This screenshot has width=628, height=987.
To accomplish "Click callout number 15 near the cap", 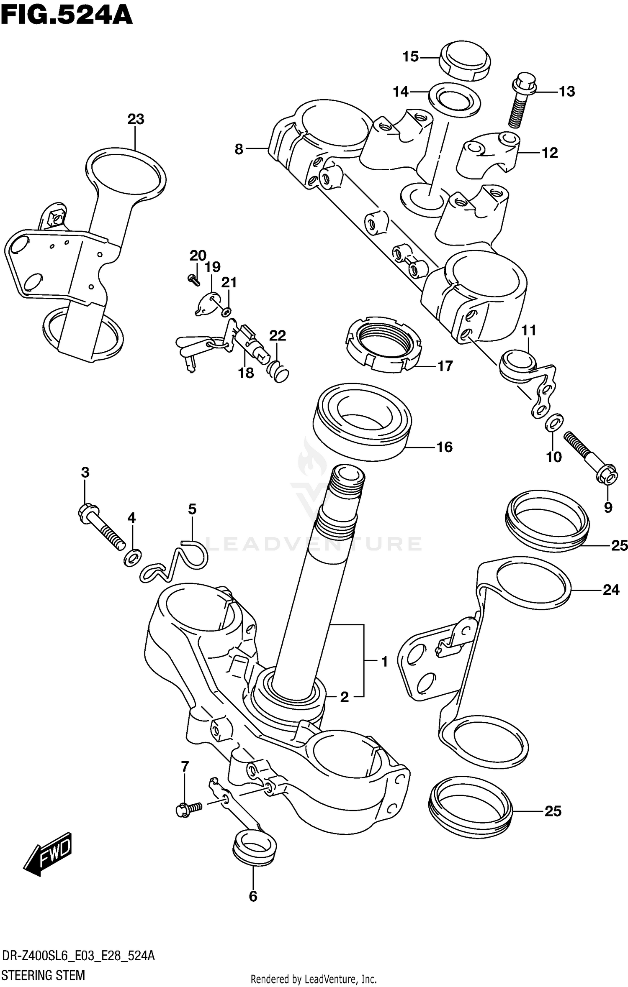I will (x=410, y=57).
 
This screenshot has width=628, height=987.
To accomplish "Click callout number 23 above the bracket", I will (x=136, y=120).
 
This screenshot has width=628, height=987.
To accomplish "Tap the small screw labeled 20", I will (x=194, y=280).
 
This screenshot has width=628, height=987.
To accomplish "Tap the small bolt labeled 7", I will (x=188, y=809).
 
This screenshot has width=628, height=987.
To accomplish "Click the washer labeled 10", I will (x=554, y=423).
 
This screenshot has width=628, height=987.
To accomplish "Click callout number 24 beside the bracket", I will (x=610, y=590).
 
